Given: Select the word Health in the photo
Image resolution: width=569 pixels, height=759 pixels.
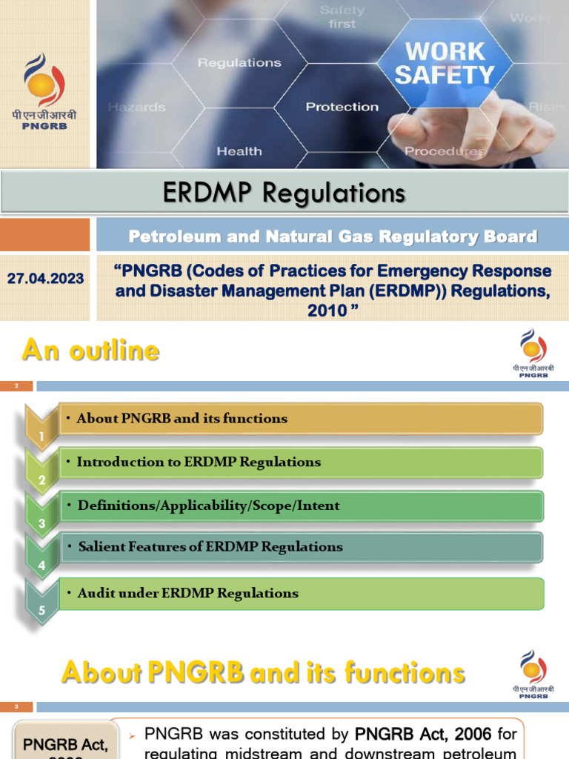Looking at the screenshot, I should (239, 151).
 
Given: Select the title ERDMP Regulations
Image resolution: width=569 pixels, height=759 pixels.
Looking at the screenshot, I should (284, 193).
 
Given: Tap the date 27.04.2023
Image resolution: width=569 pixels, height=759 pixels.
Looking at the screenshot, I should (46, 279).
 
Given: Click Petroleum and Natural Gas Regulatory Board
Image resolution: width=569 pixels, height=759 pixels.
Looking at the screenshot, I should (333, 236).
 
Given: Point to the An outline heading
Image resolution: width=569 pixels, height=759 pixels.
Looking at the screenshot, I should (90, 351).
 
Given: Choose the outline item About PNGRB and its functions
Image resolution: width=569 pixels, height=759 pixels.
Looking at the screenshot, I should (182, 418).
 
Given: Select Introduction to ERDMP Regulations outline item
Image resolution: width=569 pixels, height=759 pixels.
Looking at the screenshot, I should (199, 462).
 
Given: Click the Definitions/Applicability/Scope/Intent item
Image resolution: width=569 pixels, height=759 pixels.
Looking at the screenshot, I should (208, 506).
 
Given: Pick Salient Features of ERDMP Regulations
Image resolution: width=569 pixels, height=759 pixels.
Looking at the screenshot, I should (210, 547).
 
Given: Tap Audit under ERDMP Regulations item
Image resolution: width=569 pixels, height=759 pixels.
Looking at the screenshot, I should (187, 593).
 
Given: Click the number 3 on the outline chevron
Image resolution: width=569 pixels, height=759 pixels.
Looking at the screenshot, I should (42, 523).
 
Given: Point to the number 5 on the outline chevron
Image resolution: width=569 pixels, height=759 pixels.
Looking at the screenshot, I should (42, 611).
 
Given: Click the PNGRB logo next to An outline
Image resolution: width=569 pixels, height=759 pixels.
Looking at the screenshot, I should (533, 354).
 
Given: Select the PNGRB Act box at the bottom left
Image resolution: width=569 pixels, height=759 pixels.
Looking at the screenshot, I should (63, 741).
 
